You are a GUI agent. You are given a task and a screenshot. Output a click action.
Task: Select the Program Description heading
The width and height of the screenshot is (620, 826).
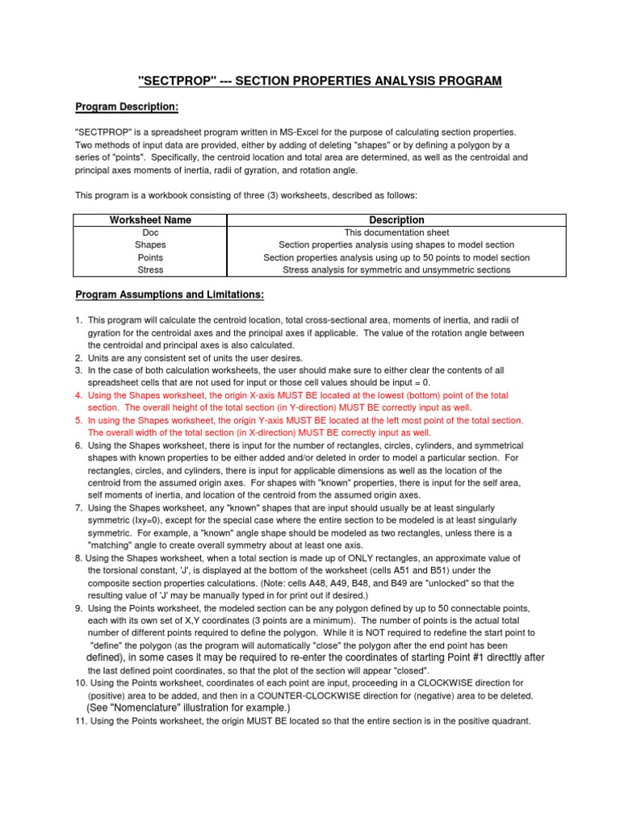126,106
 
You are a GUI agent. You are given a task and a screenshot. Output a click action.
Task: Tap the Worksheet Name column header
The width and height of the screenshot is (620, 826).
150,220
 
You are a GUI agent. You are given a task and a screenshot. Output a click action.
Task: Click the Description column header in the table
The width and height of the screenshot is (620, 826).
396,220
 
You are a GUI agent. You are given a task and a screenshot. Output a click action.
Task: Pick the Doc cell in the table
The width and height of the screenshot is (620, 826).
150,232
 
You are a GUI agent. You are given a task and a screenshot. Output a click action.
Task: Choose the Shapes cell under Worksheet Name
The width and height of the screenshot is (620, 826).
150,245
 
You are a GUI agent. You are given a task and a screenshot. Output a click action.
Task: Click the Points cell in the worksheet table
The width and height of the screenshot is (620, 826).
150,257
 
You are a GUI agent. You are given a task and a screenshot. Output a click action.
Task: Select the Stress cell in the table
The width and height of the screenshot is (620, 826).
150,270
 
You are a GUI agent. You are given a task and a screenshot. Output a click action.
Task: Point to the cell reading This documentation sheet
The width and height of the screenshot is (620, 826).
396,232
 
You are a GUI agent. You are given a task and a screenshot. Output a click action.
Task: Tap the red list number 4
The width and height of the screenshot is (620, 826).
79,396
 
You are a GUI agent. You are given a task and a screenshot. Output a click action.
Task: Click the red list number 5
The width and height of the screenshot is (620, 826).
79,421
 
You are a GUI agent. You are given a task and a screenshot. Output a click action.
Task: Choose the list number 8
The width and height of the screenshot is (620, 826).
79,558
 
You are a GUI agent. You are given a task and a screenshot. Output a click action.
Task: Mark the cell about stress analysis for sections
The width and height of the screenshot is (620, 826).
396,270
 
